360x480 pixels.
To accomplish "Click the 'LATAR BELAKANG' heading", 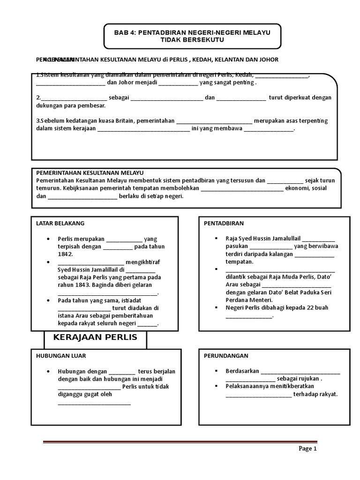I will (x=60, y=223).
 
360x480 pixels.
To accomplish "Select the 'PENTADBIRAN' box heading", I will (x=224, y=223).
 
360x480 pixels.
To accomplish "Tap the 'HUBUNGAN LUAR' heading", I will (x=61, y=356).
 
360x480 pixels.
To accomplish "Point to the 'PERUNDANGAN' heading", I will (x=226, y=356).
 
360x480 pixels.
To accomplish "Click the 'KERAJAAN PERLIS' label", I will (x=95, y=337).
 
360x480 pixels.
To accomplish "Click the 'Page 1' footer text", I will (x=308, y=449).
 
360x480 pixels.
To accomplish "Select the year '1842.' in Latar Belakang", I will (x=66, y=254).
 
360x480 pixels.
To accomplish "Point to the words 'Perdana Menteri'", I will (x=248, y=300).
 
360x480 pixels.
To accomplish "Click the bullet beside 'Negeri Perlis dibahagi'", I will (x=216, y=308).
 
